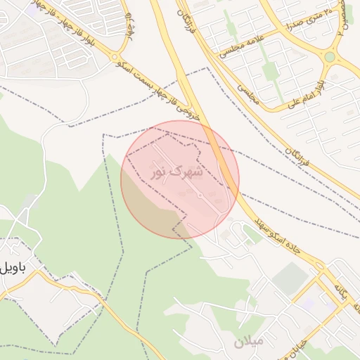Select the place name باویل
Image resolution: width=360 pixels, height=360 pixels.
point(13,266)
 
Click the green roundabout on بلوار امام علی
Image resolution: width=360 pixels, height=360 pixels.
point(330,57)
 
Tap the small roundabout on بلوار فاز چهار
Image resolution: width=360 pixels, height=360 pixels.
point(116,58)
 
